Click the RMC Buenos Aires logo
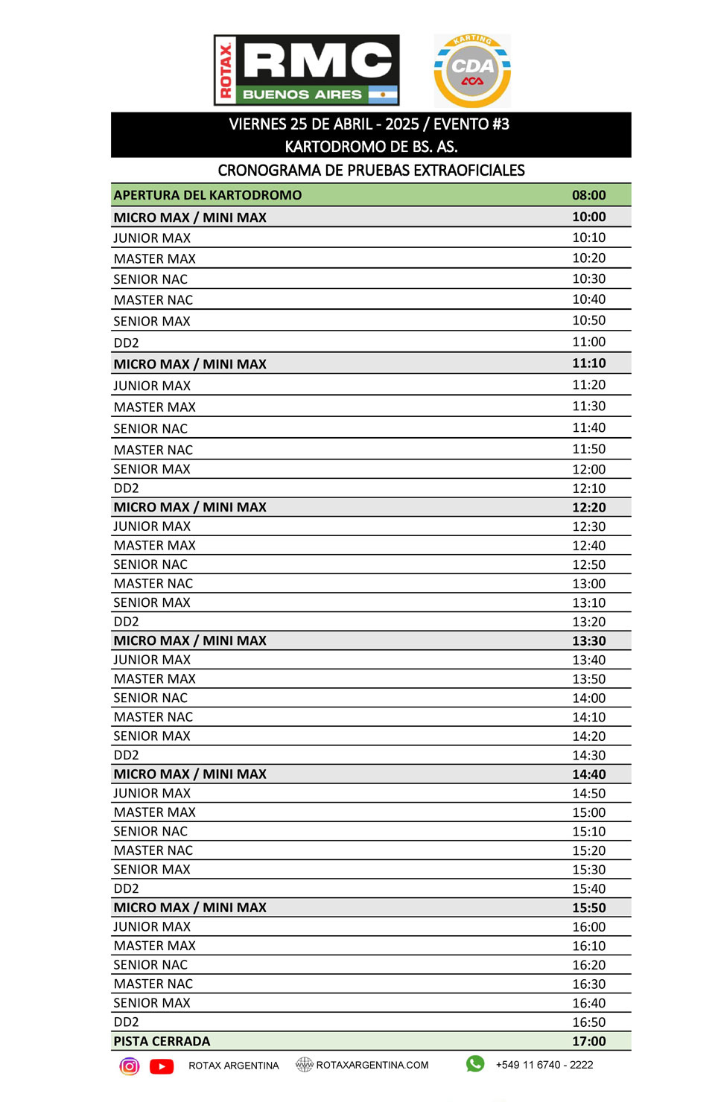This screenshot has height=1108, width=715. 306,70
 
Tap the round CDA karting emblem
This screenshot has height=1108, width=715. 472,71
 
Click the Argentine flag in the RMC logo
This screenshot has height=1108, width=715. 383,95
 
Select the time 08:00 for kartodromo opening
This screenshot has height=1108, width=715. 588,195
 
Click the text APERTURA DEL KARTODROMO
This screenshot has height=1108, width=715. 208,195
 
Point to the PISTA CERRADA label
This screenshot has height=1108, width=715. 162,1041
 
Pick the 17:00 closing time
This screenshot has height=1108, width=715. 588,1041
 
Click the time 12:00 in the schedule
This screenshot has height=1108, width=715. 588,469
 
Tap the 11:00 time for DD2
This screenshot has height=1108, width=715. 588,342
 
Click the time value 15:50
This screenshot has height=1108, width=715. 588,908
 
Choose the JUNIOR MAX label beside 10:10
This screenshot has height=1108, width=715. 152,238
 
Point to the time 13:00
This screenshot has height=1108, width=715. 588,584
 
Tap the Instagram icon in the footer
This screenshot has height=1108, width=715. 130,1066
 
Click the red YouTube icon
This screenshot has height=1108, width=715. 162,1066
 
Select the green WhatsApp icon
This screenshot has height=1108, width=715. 475,1064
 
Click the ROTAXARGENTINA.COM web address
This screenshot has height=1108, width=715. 372,1065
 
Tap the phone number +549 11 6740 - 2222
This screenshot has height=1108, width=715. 544,1065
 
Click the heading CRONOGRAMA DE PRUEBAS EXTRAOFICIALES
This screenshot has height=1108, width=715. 371,171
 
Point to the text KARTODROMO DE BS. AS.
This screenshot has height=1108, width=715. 371,147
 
